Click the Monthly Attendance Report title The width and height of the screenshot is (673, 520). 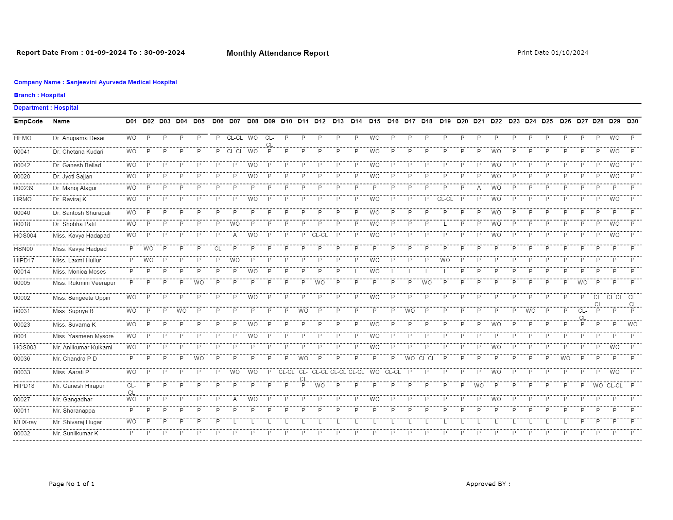tap(277, 53)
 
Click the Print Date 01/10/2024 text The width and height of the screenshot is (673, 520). tap(553, 53)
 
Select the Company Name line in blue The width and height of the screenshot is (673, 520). tap(95, 82)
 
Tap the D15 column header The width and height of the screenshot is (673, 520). tap(375, 121)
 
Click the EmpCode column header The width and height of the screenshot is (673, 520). tap(28, 121)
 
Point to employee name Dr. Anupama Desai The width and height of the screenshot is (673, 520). tap(79, 138)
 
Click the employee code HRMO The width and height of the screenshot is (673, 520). tap(22, 199)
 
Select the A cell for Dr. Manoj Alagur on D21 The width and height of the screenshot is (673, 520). tap(479, 188)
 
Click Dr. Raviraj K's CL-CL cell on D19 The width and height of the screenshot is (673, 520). tap(445, 199)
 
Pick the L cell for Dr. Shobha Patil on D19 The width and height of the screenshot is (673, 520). tap(445, 224)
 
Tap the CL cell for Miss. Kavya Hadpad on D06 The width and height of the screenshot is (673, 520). tap(218, 248)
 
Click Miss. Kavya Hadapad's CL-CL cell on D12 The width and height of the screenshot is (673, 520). tap(320, 235)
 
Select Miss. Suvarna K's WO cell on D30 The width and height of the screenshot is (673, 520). tap(632, 324)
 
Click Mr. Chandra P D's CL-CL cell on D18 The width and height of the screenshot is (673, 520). tap(427, 358)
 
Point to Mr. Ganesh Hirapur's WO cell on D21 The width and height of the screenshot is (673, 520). tap(479, 385)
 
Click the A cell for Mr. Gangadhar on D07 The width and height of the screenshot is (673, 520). tap(235, 399)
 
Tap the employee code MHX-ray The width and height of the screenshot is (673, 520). tap(25, 422)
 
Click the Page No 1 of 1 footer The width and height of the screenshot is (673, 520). tap(71, 484)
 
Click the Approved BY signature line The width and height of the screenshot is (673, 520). tap(568, 485)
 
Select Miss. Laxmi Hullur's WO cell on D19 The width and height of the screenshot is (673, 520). tap(445, 260)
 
